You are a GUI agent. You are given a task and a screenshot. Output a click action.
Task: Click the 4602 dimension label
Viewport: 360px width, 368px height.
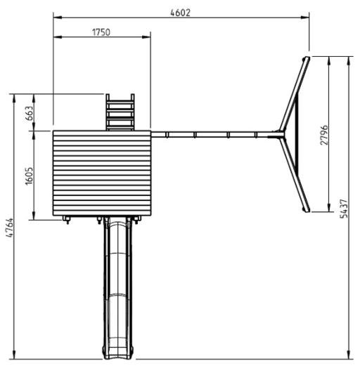click(180, 13)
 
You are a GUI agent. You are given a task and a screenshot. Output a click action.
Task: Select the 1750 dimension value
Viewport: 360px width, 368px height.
click(101, 32)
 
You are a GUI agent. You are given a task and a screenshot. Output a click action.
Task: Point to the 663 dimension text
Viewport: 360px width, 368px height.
click(29, 113)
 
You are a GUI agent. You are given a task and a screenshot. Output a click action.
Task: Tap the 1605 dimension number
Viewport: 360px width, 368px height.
click(29, 176)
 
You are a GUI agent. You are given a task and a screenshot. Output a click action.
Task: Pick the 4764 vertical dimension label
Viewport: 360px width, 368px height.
click(10, 228)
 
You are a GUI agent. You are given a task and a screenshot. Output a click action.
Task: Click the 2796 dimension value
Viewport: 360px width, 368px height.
click(324, 135)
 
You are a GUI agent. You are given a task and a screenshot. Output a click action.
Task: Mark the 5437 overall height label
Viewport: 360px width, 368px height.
click(344, 209)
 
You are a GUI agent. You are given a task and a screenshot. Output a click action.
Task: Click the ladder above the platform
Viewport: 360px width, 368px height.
click(120, 112)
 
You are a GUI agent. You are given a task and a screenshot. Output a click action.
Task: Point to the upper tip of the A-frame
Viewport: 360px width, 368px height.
click(307, 58)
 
